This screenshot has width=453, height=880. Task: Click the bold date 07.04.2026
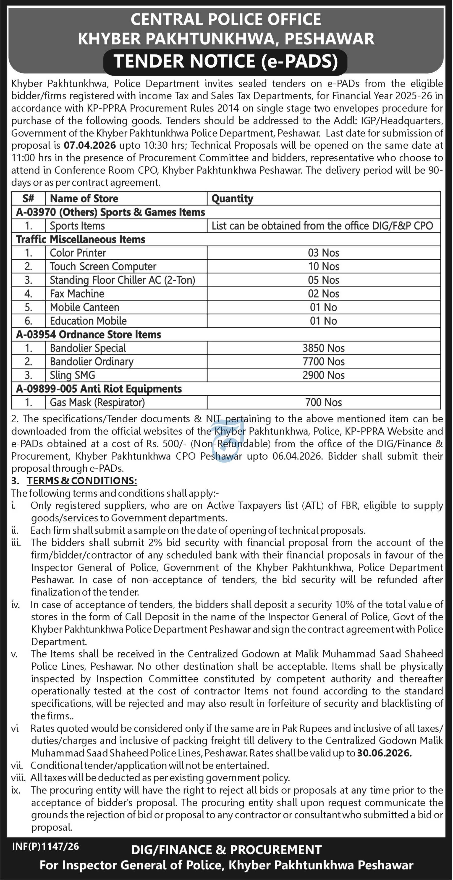[x=90, y=146]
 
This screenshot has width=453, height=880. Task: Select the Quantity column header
[x=232, y=198]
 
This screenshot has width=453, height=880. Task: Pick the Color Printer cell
[x=78, y=253]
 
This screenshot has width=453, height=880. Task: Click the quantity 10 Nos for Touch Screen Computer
[x=323, y=266]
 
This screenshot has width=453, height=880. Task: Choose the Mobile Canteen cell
[x=85, y=307]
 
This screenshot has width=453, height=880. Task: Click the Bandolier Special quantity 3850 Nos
[x=323, y=348]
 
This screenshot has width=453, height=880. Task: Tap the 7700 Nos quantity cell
[x=323, y=362]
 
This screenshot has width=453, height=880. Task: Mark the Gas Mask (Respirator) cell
[x=97, y=403]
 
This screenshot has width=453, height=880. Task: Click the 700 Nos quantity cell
[x=323, y=403]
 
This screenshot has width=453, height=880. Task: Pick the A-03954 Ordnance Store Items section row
[x=88, y=334]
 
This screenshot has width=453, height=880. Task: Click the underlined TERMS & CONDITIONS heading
[x=82, y=481]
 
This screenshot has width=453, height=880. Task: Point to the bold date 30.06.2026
[x=385, y=753]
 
